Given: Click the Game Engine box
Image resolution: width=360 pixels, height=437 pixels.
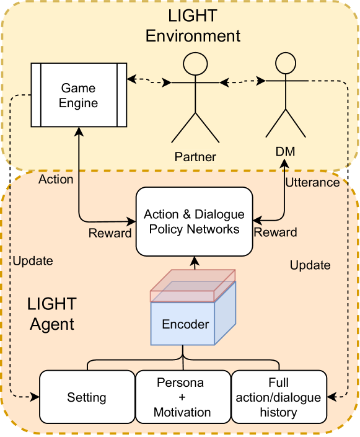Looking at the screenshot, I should tap(79, 94).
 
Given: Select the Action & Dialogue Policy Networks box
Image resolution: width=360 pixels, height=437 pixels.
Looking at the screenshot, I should tap(194, 222).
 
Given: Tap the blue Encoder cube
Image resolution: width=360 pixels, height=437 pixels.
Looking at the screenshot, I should tap(185, 324).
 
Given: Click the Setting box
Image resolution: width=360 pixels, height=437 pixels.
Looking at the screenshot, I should tap(87, 397).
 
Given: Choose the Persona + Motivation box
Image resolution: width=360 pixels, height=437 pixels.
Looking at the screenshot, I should tap(182, 397).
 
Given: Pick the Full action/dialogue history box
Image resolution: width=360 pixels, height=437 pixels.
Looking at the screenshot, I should tap(279, 397).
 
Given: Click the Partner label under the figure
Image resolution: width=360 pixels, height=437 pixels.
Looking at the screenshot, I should tap(195, 157).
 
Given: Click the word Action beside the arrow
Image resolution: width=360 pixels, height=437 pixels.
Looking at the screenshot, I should tap(56, 179).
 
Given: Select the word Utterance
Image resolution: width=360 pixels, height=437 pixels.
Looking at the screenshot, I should tap(312, 182).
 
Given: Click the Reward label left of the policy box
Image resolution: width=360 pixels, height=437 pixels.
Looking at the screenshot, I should tap(110, 233).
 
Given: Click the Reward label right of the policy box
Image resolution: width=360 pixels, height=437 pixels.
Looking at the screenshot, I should tap(276, 232).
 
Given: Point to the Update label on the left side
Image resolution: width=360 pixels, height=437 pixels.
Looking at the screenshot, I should tap(33, 261).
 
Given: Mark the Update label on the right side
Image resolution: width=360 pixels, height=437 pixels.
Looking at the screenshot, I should tap(310, 265).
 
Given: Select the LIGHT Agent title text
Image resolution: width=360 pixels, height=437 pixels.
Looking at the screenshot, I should tap(52, 314).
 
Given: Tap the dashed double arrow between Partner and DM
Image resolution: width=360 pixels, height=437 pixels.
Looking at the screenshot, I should tap(243, 81).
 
